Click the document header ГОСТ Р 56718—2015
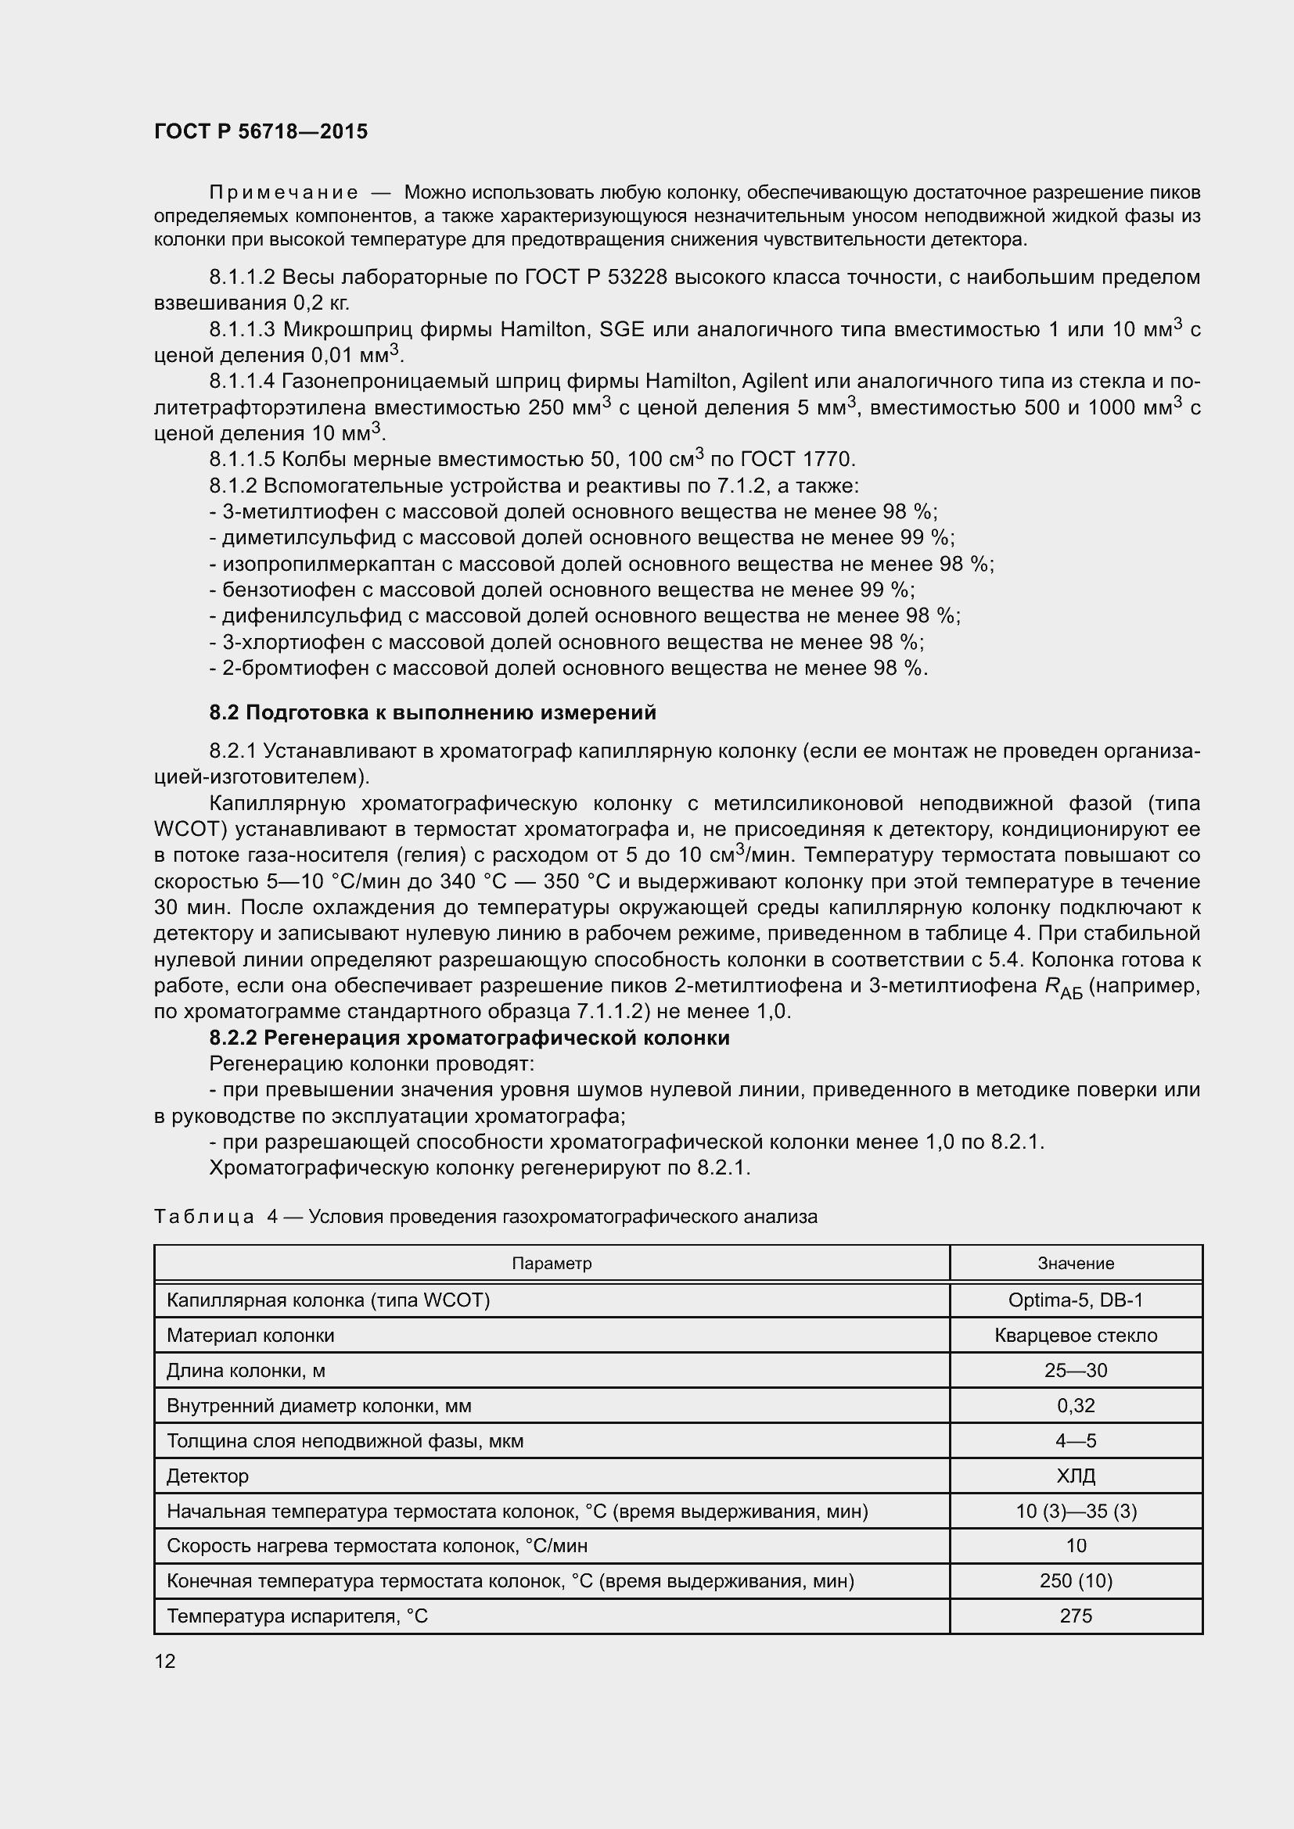pyautogui.click(x=261, y=132)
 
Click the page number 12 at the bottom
pyautogui.click(x=165, y=1660)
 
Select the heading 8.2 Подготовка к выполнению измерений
pyautogui.click(x=433, y=712)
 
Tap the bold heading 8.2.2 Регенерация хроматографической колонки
pyautogui.click(x=469, y=1037)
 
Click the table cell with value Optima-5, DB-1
pyautogui.click(x=1075, y=1300)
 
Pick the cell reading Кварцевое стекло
pyautogui.click(x=1075, y=1335)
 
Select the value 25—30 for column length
pyautogui.click(x=1075, y=1370)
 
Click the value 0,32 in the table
pyautogui.click(x=1075, y=1405)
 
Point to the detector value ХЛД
pyautogui.click(x=1075, y=1476)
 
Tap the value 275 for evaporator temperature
pyautogui.click(x=1075, y=1616)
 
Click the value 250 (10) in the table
pyautogui.click(x=1075, y=1580)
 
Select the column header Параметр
pyautogui.click(x=552, y=1264)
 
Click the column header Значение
pyautogui.click(x=1075, y=1264)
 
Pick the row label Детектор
pyautogui.click(x=208, y=1476)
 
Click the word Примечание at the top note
pyautogui.click(x=283, y=193)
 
